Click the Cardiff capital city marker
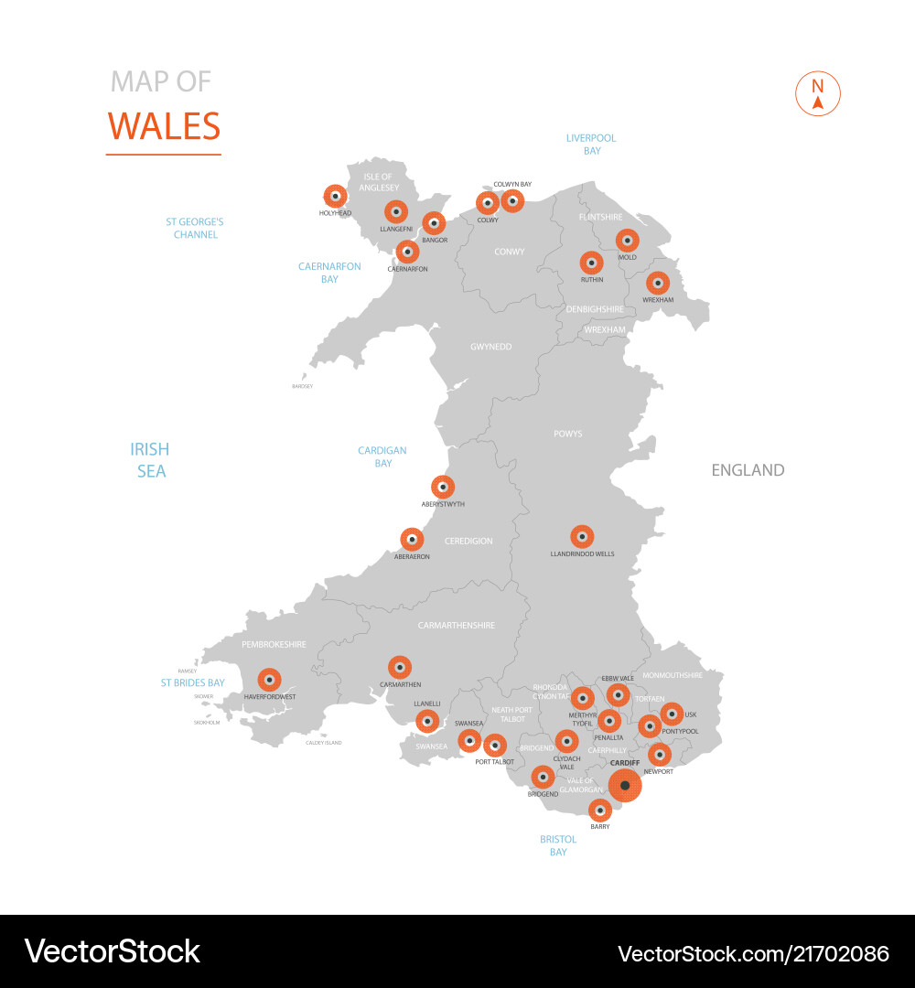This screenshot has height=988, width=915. point(625,785)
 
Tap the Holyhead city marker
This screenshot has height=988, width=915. point(336,195)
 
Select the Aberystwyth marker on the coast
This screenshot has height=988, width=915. point(443,487)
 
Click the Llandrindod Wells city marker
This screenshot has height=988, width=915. point(582,537)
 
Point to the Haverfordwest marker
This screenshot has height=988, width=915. point(269,680)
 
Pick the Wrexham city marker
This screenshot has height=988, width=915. point(657,283)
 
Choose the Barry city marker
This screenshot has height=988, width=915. point(600,810)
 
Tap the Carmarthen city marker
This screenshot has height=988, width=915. point(400,668)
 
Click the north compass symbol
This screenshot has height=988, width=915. point(818,94)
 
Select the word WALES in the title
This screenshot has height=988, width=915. point(165,126)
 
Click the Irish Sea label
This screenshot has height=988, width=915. point(150,460)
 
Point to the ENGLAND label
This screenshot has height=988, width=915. point(748,470)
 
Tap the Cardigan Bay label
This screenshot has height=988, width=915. point(382,456)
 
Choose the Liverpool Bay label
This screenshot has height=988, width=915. point(591,144)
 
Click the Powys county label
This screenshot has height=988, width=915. point(567,434)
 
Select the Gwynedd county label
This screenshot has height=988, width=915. point(490,347)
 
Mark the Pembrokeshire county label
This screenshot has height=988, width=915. point(274,645)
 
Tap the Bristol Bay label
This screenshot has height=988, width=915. point(558,845)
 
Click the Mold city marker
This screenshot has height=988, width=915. point(627,241)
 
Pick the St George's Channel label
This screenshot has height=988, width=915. point(195,228)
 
